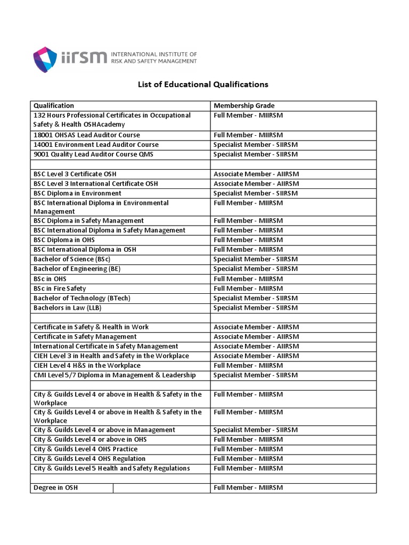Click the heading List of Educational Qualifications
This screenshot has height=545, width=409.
203,85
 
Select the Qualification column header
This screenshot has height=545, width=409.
54,106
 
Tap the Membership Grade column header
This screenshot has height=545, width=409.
244,106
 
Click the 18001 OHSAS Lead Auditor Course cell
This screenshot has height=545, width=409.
87,135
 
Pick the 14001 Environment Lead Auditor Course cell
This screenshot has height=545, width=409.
96,145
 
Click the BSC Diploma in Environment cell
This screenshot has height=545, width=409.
77,193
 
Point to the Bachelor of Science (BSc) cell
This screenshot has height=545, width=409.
72,259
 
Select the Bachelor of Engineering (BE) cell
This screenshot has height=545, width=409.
77,269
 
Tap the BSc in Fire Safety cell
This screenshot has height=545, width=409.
60,288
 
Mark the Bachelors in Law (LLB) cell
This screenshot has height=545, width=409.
68,308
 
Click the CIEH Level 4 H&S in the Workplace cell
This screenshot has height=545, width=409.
87,366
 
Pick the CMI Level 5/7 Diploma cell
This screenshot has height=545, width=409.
114,375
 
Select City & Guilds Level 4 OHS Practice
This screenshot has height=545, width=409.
86,449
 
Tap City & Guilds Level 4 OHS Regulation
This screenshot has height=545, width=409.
89,459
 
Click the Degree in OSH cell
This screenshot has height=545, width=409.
55,488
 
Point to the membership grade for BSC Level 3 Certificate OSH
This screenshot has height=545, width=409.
256,174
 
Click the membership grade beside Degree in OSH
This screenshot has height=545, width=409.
248,488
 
